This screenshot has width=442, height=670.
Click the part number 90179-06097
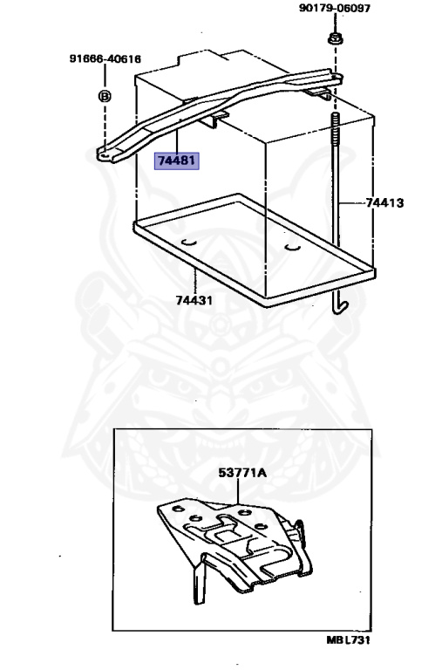(x=335, y=8)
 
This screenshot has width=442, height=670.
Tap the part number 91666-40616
(x=105, y=58)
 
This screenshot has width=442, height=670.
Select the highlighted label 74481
(x=176, y=161)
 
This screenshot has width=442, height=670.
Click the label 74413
(x=384, y=202)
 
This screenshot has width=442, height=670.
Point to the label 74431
(x=194, y=300)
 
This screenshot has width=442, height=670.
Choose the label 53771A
(x=242, y=473)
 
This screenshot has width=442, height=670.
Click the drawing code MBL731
(x=348, y=639)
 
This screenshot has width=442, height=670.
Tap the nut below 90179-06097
(x=336, y=38)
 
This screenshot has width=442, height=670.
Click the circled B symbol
(x=105, y=96)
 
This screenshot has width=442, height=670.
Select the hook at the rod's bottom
(x=340, y=306)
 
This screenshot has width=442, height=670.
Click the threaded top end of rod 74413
(x=336, y=122)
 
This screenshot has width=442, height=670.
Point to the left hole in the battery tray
(x=188, y=243)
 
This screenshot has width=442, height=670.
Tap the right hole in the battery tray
(x=293, y=247)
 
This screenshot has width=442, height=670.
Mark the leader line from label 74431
(x=194, y=281)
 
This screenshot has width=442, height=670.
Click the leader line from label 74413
(x=351, y=202)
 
